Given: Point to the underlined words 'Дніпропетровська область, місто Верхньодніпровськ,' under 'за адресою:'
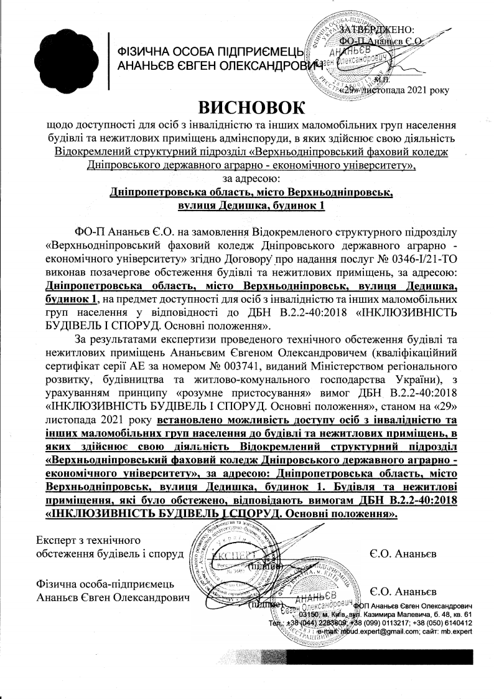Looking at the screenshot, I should coord(251,193).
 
